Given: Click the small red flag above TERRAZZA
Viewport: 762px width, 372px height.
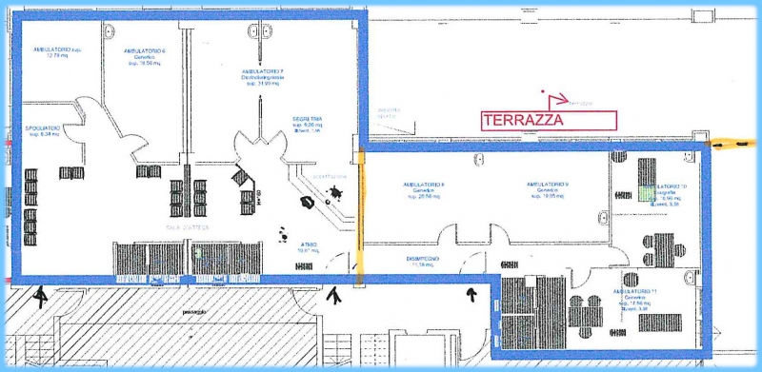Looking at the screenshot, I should [545, 94].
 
